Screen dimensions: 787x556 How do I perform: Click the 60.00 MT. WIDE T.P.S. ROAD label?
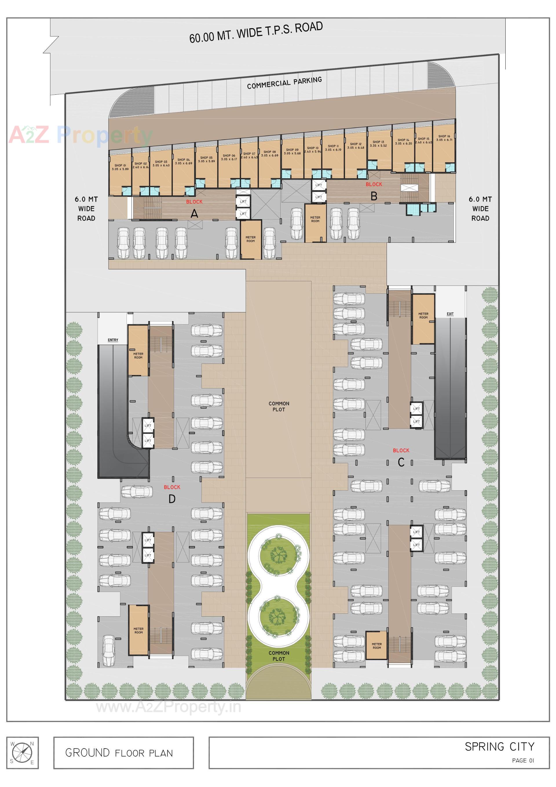point(256,32)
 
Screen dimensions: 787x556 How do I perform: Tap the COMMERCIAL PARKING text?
point(284,83)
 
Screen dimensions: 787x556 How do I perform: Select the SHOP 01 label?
point(120,167)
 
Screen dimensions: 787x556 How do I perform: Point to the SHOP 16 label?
point(444,138)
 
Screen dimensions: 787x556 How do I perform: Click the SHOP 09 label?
point(292,151)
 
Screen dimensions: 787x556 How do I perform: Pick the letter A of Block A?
point(194,214)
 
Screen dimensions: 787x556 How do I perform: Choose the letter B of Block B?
point(374,196)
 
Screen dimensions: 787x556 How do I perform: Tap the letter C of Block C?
point(401,462)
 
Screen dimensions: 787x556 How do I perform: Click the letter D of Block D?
point(172,499)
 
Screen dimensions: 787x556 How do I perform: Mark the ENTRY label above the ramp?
point(113,340)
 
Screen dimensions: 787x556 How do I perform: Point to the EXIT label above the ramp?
point(450,314)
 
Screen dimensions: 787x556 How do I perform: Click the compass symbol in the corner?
point(22,753)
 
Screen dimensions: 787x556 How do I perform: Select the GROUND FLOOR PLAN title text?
point(119,753)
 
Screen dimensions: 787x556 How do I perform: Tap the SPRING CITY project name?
point(499,746)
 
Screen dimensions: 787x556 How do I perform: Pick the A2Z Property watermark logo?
point(81,135)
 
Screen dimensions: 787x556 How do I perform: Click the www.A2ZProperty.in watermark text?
point(168,707)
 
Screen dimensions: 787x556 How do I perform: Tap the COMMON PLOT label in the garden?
point(279,656)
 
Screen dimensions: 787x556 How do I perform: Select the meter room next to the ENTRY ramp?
point(138,350)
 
